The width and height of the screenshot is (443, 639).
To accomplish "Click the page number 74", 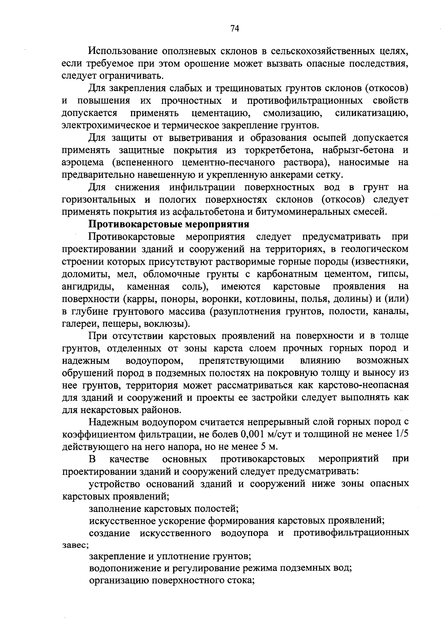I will pos(235,29).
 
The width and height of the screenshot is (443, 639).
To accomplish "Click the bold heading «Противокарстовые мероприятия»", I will pos(169,224).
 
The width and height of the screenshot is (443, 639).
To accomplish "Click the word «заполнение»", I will pos(114,509).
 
